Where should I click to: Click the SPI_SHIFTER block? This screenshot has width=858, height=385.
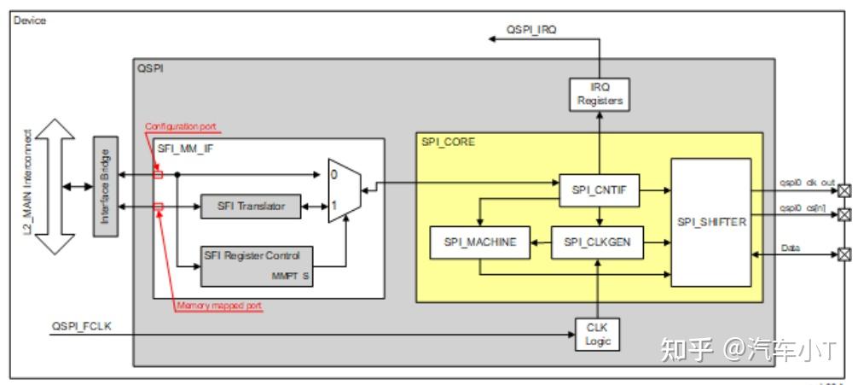click(x=710, y=222)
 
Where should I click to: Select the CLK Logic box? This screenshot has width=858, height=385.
click(x=599, y=334)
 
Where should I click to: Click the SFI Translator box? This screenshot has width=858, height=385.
click(x=251, y=206)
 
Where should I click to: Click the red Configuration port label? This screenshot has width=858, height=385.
click(x=180, y=126)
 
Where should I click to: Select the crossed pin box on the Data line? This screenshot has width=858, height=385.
click(x=844, y=254)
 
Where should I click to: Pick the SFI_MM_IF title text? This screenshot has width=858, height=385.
click(x=185, y=148)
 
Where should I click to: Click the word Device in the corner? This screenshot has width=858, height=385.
click(x=30, y=20)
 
